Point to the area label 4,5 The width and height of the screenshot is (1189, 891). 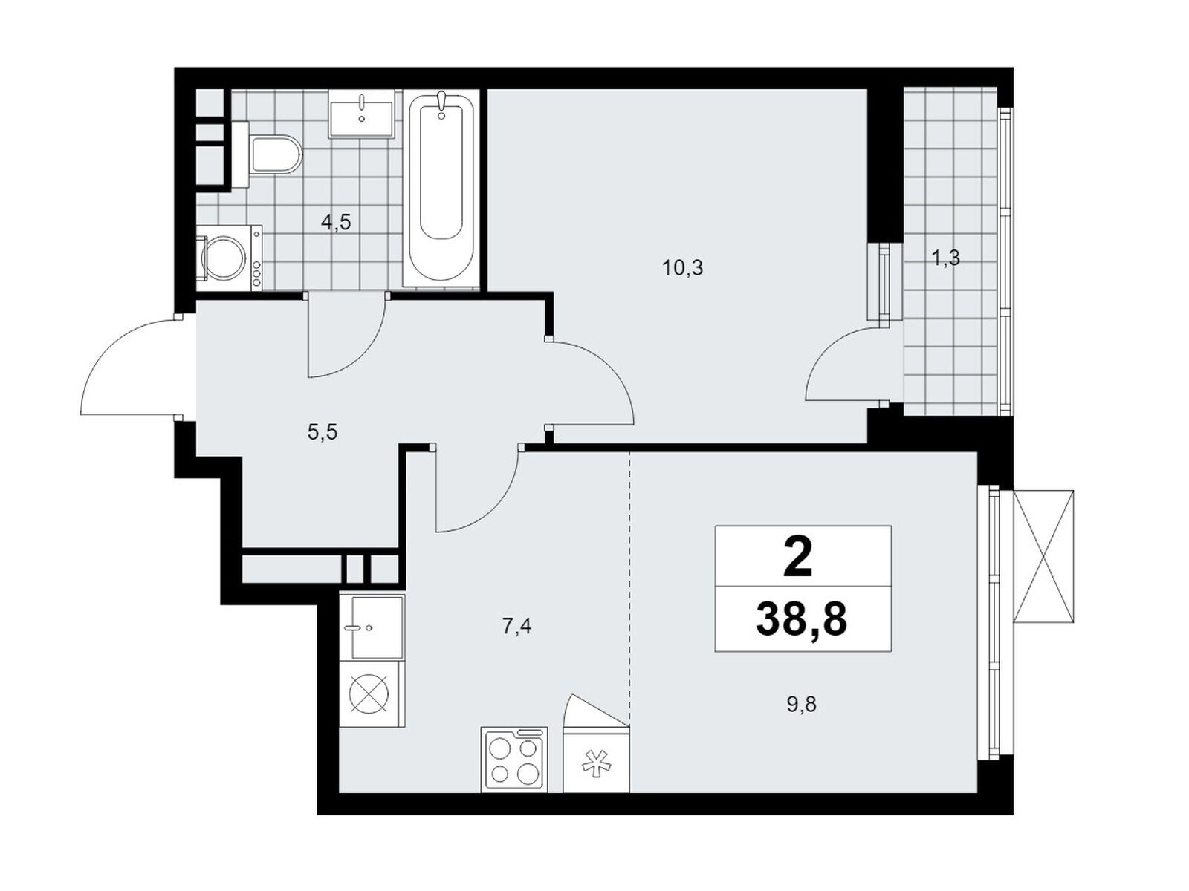coord(335,222)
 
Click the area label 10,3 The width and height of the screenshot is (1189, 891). coord(682,268)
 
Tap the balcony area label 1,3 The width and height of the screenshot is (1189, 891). coord(945,258)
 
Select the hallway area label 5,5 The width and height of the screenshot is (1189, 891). coord(322,432)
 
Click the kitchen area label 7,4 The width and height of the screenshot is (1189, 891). coord(516,627)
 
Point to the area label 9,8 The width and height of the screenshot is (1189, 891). coord(801,704)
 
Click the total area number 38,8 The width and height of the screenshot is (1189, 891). coord(801,620)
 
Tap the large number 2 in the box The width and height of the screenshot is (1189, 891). coord(798,558)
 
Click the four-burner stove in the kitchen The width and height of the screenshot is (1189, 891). coord(514,759)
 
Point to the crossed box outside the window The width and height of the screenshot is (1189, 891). coord(1043,556)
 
